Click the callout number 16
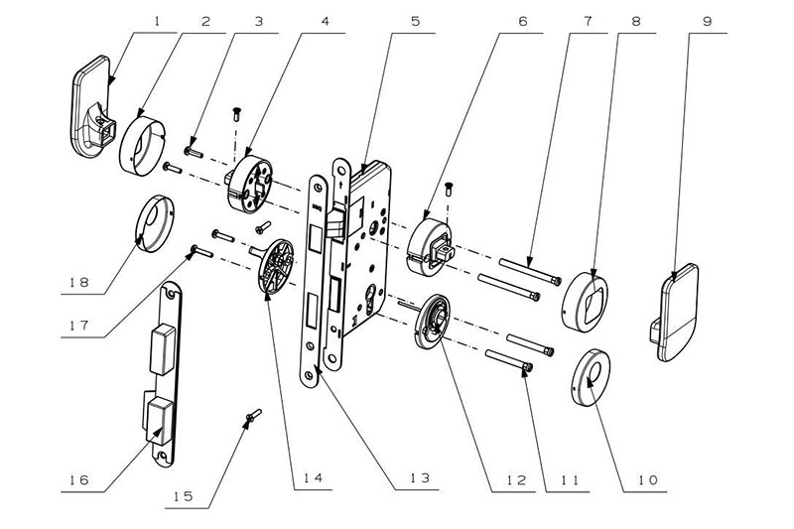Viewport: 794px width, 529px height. pos(77,480)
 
